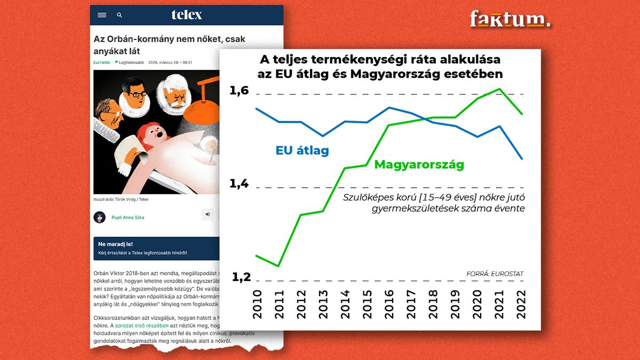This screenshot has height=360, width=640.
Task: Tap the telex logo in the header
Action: pos(187,15)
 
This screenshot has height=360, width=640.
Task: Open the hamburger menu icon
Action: pos(102,15)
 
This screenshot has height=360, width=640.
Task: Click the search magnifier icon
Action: pos(119,15)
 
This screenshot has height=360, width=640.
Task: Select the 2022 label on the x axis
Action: pos(519,304)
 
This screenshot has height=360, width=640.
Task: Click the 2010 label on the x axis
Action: pos(257,304)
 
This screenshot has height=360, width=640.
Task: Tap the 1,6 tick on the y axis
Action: pos(239,91)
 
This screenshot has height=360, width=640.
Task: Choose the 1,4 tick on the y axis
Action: pos(239,184)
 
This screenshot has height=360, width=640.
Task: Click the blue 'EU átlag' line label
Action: pos(302,150)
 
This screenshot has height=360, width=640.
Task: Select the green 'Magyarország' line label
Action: pos(419,164)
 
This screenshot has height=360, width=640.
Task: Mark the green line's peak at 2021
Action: pos(499,89)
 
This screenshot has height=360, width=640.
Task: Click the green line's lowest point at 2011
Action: pos(278,265)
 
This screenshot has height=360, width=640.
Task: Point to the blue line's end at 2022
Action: pos(522,158)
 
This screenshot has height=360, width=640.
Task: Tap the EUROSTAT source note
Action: pos(494,274)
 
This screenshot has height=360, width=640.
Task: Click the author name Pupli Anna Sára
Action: pos(128,218)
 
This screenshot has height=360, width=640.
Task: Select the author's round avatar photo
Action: pos(100,217)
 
